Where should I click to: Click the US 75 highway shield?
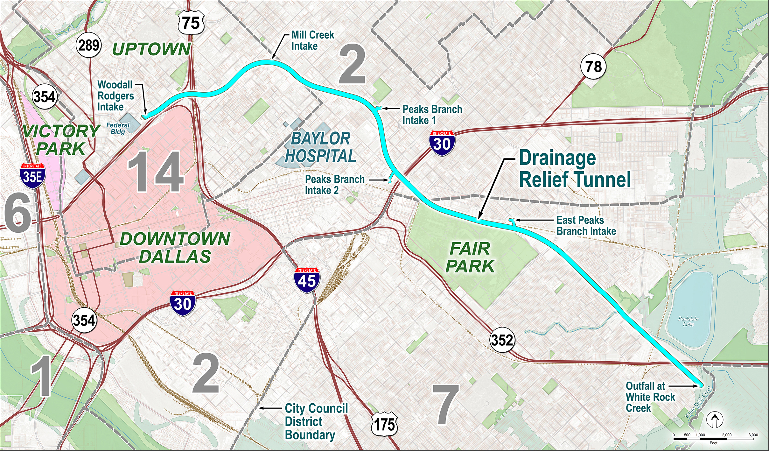coord(191,23)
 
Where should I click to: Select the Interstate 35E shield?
coord(32,176)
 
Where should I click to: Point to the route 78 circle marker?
coord(593,67)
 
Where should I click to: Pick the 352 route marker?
coord(502,340)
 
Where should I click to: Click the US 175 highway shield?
coord(385,424)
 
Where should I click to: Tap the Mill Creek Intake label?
coord(312,40)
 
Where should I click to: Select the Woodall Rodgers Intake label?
coord(115,96)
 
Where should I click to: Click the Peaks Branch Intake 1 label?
coord(432,115)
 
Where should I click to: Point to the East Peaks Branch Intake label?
coord(586,226)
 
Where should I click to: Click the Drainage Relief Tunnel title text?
coord(574,169)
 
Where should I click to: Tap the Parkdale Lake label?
coord(688,321)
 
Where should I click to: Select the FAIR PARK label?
coord(470,257)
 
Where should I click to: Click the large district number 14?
coord(156,172)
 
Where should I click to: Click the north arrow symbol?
coord(715,420)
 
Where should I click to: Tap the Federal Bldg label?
coord(118,128)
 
